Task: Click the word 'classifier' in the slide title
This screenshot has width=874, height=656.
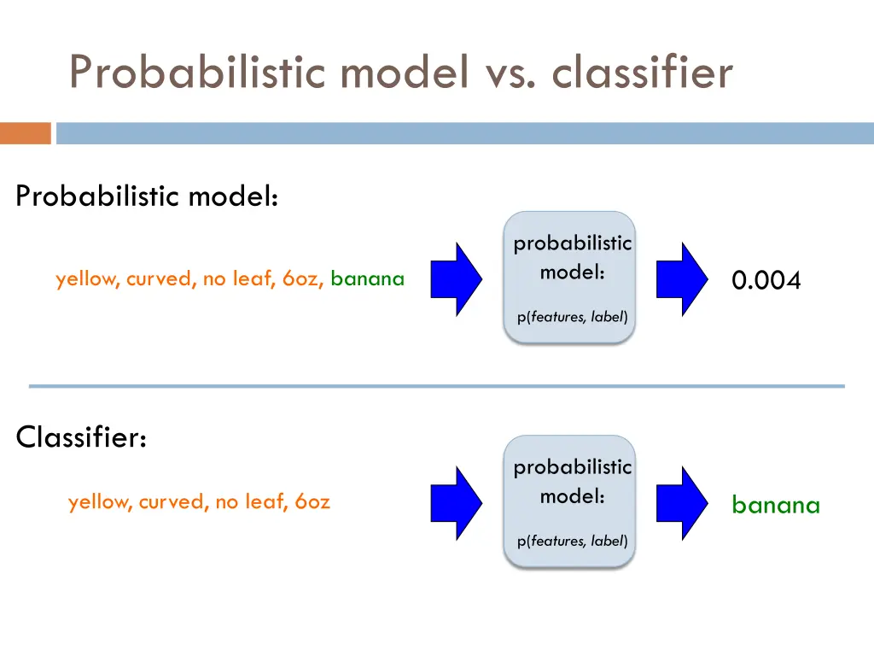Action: (642, 72)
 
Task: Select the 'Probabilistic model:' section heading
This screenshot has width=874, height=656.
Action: (147, 196)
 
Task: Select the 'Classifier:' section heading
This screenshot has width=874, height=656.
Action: (82, 437)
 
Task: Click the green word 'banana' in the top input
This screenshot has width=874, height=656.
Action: (367, 278)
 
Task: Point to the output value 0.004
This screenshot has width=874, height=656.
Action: (766, 280)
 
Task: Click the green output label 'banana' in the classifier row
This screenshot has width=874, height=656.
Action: (775, 505)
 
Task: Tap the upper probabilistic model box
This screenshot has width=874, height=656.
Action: (570, 278)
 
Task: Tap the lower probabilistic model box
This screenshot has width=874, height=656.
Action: (570, 502)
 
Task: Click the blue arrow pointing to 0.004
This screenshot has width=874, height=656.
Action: (683, 278)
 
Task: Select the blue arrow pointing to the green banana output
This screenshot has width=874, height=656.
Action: (683, 503)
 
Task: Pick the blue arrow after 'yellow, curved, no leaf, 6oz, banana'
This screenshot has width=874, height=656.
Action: (457, 278)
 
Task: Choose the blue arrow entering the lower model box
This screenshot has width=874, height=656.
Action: (457, 503)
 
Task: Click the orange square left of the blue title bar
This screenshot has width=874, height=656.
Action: (25, 133)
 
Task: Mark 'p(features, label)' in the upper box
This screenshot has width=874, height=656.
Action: (572, 317)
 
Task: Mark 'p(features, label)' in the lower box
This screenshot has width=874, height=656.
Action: (572, 541)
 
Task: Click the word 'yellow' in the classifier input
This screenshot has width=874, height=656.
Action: (99, 502)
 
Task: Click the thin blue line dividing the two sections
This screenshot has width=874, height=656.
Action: (436, 386)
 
